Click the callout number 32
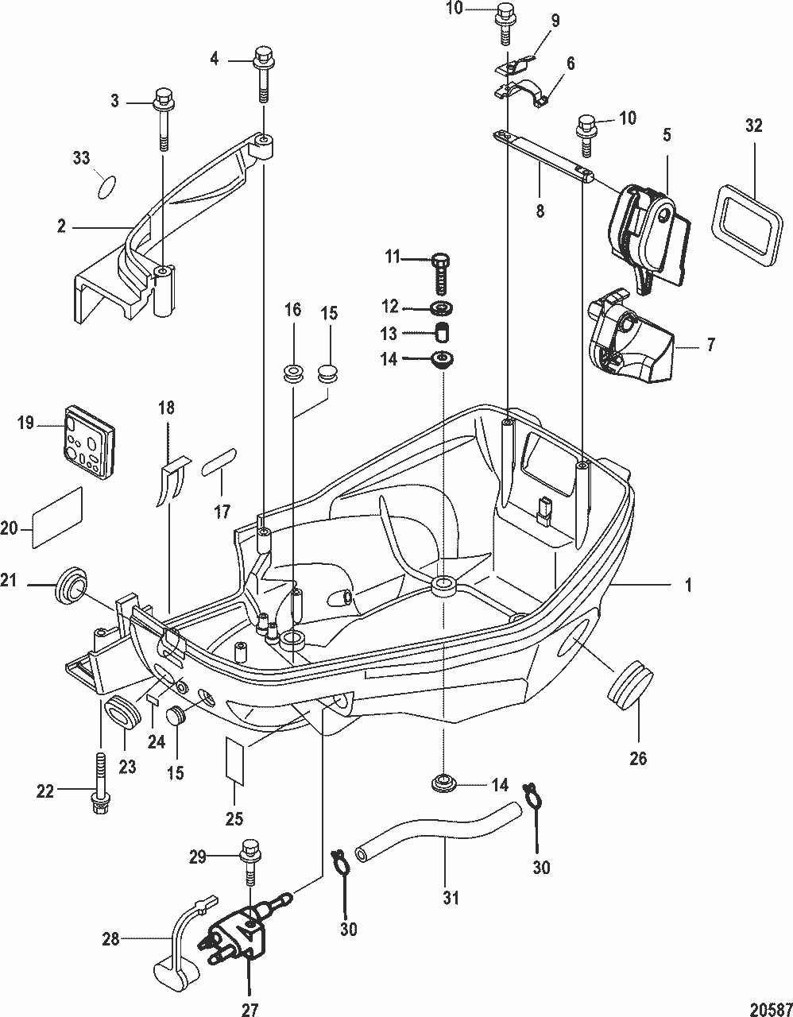[x=753, y=126]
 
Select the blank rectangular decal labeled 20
[x=57, y=516]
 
